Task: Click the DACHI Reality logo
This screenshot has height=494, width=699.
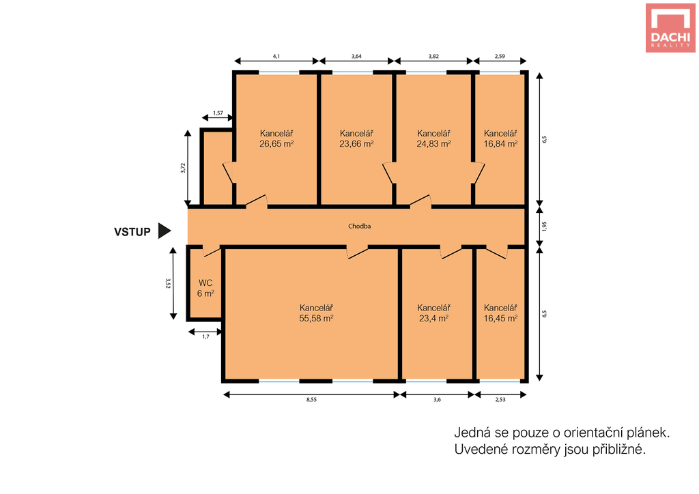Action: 670,28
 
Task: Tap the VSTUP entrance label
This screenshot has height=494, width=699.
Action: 132,232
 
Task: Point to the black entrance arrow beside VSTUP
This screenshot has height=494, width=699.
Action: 165,231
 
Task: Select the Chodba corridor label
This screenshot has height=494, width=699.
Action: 359,227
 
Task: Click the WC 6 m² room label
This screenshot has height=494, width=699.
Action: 205,288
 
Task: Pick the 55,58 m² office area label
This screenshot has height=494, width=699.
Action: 317,319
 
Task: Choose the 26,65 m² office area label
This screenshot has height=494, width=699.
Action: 276,144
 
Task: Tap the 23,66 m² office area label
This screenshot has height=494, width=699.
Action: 356,144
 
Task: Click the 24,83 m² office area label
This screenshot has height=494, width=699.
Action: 433,144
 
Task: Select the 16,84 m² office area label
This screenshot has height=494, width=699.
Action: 500,144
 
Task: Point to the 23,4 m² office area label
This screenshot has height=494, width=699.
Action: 433,319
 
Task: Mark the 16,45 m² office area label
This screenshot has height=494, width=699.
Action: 500,319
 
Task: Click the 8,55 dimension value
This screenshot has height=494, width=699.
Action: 311,400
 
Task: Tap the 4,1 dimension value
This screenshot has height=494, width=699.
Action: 276,56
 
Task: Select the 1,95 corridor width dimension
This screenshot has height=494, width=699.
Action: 544,227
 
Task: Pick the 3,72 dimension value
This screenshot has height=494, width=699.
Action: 183,168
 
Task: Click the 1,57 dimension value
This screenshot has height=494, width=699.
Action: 218,113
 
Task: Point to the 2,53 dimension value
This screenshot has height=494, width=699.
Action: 500,400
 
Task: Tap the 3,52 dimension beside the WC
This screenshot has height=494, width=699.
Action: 168,283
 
